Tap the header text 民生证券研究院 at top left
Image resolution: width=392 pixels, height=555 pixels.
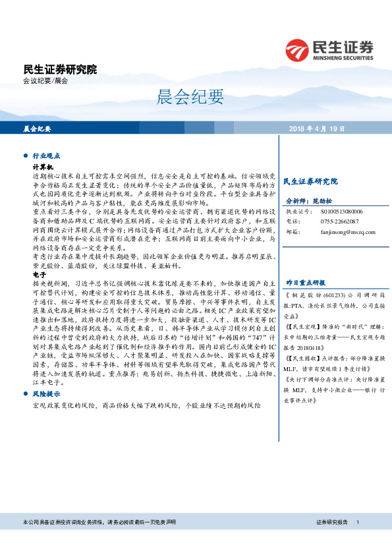(x=59, y=69)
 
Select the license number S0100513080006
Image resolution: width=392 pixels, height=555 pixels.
(x=342, y=212)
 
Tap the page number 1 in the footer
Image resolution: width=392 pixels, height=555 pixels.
(x=357, y=523)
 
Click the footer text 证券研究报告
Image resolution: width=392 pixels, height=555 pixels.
(x=332, y=523)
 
